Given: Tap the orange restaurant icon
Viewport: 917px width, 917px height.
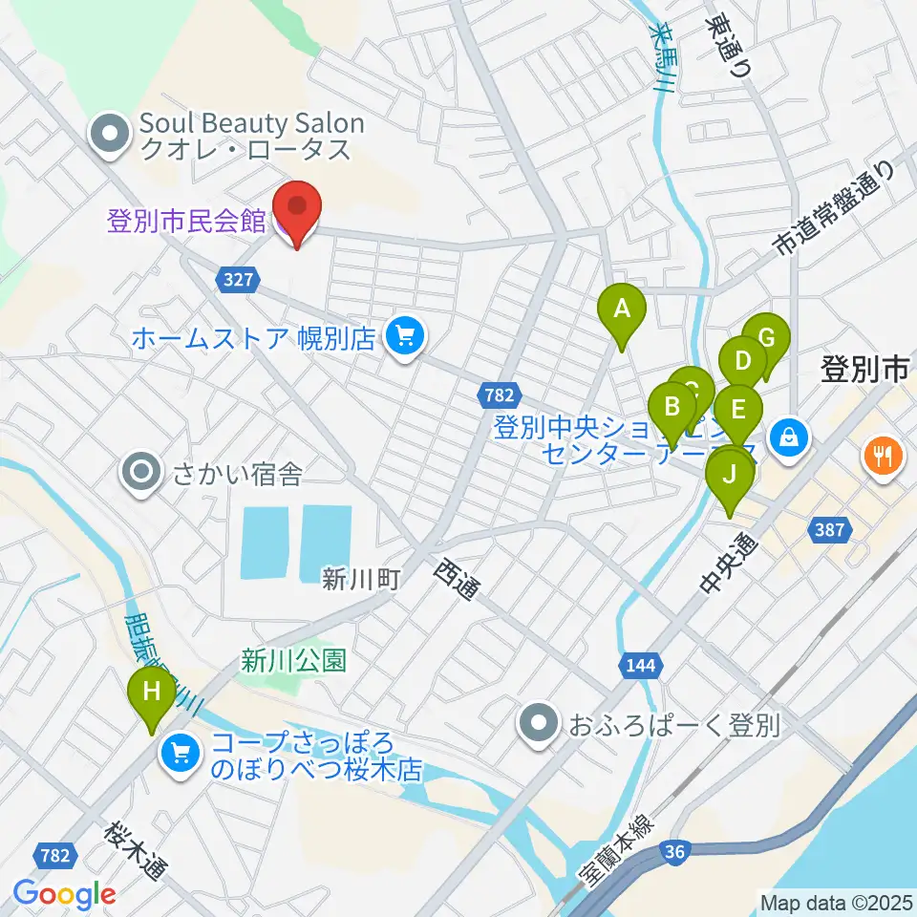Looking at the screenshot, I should pyautogui.click(x=881, y=456).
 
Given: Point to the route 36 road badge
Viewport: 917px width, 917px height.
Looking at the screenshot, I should pyautogui.click(x=674, y=854).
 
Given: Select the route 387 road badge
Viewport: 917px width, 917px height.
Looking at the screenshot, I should pyautogui.click(x=829, y=528).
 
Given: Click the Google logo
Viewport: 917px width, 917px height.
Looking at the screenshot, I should pyautogui.click(x=64, y=894).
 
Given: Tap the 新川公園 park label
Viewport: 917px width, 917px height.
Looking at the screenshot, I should pyautogui.click(x=293, y=660).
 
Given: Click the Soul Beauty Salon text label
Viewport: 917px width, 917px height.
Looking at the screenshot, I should pyautogui.click(x=251, y=123).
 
